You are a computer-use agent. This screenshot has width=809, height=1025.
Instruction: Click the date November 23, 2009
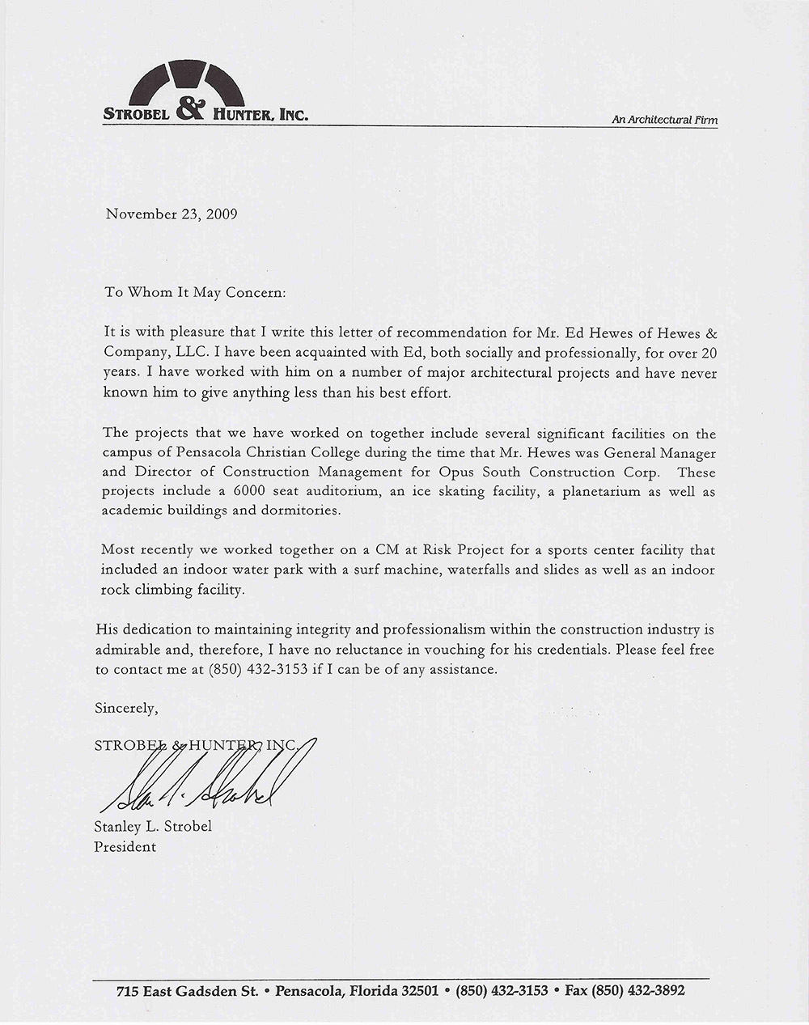tap(171, 214)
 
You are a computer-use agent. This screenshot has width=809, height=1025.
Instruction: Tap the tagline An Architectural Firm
tap(664, 120)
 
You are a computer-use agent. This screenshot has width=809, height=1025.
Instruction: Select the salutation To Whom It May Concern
tap(195, 292)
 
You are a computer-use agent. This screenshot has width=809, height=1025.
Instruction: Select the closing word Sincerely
tap(126, 708)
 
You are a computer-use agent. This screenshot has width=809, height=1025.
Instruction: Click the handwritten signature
tap(202, 786)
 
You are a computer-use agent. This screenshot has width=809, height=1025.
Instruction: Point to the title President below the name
tap(125, 847)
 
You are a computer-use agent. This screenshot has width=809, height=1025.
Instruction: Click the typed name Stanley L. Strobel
tap(154, 827)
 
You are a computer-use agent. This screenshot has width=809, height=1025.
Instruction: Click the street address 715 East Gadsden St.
tap(187, 991)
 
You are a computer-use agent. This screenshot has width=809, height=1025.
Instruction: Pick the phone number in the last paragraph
tap(258, 669)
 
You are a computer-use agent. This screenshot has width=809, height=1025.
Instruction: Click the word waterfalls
tap(474, 570)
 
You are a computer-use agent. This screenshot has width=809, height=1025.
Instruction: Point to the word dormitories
tap(301, 510)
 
